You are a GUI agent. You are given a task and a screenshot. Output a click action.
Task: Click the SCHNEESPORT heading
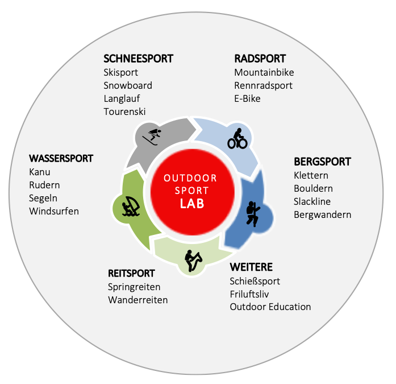pos(138,59)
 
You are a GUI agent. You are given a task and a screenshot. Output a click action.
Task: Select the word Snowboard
pos(128,85)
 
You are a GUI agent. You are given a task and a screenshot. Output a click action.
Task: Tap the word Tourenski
pos(124,112)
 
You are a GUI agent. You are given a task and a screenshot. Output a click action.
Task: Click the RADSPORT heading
pos(260,59)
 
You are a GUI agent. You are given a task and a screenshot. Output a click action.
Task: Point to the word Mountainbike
pos(264,72)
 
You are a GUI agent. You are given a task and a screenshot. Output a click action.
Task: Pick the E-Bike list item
pos(248,98)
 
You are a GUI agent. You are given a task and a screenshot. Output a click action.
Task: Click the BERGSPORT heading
pos(322,162)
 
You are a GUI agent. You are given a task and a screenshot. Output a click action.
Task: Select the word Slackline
pos(312,201)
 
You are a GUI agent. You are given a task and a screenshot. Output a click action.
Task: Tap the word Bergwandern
pos(322,214)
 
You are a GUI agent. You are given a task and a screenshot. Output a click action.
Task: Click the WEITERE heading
pos(251,267)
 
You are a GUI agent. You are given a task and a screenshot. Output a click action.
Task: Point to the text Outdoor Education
pos(270,307)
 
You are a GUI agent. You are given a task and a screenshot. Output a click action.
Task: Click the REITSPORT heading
pos(132,274)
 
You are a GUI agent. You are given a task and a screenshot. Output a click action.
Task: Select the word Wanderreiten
pos(138,300)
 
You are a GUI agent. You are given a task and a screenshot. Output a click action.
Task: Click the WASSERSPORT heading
pos(61,158)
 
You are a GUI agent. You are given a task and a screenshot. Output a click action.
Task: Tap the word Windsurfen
pos(54,211)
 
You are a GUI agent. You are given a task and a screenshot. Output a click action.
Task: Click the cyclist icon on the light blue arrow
pos(237,138)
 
